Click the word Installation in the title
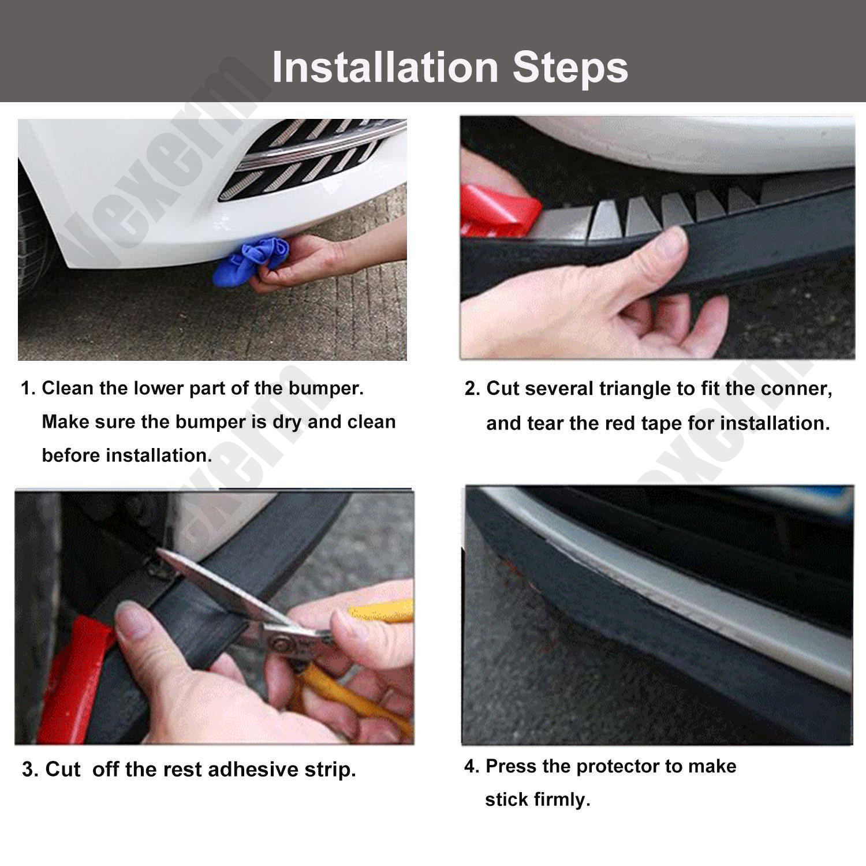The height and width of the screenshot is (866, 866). point(385,67)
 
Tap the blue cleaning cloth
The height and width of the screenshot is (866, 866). point(249,263)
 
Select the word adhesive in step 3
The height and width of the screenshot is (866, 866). point(254,770)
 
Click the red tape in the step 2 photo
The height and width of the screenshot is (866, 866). point(500,211)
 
